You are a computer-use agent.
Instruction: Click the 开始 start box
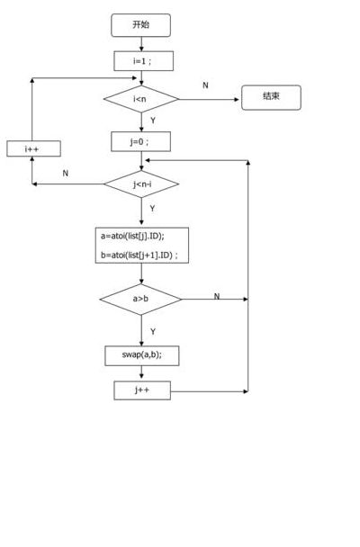(x=141, y=25)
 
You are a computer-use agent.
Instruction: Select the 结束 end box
(x=271, y=97)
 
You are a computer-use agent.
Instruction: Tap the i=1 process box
(x=143, y=61)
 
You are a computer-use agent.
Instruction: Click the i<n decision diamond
(x=141, y=99)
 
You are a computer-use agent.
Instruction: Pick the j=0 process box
(x=141, y=141)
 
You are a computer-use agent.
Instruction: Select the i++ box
(x=33, y=148)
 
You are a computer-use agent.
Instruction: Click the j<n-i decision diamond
(x=141, y=184)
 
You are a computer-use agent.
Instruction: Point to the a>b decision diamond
(x=141, y=299)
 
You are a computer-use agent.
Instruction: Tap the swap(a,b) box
(x=142, y=356)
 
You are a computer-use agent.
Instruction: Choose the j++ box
(x=142, y=390)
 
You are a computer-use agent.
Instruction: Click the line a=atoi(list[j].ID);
(x=132, y=237)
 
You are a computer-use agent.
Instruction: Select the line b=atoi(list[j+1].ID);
(x=139, y=255)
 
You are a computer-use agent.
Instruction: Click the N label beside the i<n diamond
(x=205, y=85)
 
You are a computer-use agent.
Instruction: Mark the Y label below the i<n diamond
(x=153, y=121)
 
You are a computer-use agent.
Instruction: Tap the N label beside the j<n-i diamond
(x=65, y=173)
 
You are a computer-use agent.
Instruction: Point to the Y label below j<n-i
(x=152, y=208)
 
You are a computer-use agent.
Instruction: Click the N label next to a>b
(x=217, y=296)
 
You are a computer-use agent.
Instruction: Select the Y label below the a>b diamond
(x=153, y=331)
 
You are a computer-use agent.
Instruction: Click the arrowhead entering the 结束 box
(x=238, y=100)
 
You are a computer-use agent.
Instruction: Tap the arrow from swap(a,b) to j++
(x=141, y=373)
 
